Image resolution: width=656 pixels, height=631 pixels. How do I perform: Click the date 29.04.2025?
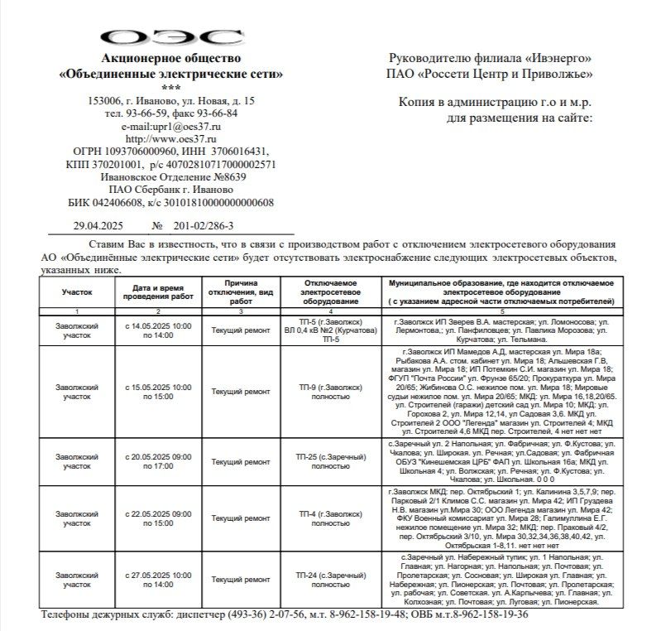pyautogui.click(x=99, y=225)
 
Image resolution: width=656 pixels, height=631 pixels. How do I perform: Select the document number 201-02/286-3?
pyautogui.click(x=204, y=225)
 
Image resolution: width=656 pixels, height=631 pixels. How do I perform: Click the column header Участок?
pyautogui.click(x=77, y=292)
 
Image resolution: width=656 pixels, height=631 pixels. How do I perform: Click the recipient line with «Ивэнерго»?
pyautogui.click(x=489, y=59)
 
